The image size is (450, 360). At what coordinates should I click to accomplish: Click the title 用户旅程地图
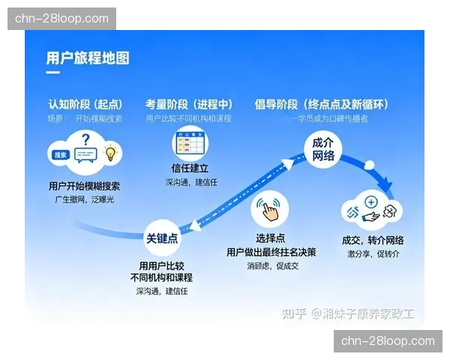(88, 57)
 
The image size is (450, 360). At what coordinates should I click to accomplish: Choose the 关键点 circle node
(161, 238)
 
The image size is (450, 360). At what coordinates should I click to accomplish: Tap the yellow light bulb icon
(111, 154)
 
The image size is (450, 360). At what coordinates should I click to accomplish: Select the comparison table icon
(190, 142)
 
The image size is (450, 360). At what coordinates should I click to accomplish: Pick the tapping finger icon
(270, 210)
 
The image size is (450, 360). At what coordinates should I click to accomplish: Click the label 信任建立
(190, 169)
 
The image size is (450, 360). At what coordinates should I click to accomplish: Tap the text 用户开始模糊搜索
(87, 186)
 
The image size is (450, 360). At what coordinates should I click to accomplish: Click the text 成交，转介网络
(373, 240)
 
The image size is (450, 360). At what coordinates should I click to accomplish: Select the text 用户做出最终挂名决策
(271, 252)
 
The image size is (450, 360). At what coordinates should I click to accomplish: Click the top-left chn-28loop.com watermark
(61, 19)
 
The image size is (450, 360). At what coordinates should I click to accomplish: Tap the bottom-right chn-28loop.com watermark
(387, 341)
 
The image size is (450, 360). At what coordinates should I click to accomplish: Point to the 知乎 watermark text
(292, 313)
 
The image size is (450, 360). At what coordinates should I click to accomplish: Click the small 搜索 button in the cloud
(61, 155)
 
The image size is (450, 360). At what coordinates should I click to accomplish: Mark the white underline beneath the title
(52, 73)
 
